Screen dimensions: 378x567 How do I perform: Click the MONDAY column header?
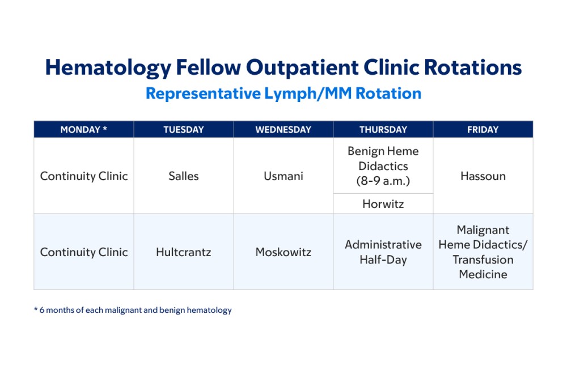(x=83, y=130)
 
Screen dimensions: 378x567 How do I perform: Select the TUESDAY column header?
(x=183, y=130)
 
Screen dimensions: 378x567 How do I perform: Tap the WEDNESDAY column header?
(x=283, y=130)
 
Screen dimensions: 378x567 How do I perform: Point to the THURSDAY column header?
(x=383, y=130)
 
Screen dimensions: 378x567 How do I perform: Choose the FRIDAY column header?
(x=483, y=130)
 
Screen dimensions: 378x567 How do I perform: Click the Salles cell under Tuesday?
(x=183, y=176)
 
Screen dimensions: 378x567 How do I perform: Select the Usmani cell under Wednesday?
(x=283, y=176)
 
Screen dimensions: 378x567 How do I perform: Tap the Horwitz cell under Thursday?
(x=383, y=204)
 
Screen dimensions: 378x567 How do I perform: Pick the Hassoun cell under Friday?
(x=483, y=176)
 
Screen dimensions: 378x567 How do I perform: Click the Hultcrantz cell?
(x=183, y=252)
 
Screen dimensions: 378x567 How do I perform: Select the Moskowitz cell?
(x=283, y=252)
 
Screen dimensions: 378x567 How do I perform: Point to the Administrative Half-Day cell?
(x=383, y=252)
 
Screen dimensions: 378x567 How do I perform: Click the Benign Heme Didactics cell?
(x=383, y=159)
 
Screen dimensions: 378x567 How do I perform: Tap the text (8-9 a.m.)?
(x=383, y=181)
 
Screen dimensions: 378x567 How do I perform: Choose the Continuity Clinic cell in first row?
(x=84, y=176)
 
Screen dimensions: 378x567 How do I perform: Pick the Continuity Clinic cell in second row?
(x=84, y=252)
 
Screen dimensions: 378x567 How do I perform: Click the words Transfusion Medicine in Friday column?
(x=483, y=267)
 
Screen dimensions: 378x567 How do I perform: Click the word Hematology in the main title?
(x=108, y=67)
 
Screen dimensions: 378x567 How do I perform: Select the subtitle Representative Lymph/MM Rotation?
(x=283, y=94)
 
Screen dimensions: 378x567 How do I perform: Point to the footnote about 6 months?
(x=133, y=310)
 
